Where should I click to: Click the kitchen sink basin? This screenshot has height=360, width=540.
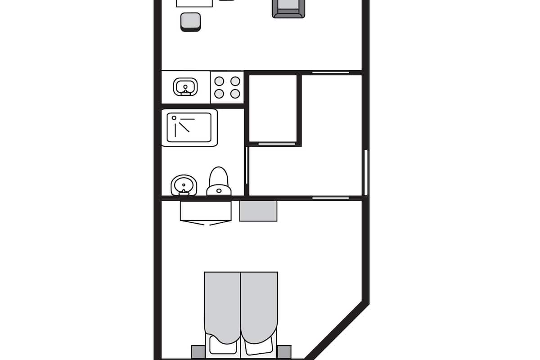click(185, 86)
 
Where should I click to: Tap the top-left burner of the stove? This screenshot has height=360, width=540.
click(219, 81)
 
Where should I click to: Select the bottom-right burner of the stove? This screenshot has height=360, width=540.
click(235, 94)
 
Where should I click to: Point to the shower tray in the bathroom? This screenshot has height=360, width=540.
click(189, 127)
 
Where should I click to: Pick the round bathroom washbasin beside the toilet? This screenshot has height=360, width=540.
click(184, 184)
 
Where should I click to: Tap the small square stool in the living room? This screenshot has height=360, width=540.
click(190, 21)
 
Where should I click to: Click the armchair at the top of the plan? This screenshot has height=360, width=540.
click(288, 8)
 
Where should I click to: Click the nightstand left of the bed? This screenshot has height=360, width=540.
click(198, 351)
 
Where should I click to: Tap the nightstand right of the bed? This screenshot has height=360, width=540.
click(284, 351)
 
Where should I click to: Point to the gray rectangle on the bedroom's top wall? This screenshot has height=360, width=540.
click(258, 211)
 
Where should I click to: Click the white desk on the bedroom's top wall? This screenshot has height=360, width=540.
click(206, 211)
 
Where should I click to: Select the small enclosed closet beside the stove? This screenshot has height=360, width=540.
click(273, 108)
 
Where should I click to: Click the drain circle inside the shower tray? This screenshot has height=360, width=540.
click(174, 118)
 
